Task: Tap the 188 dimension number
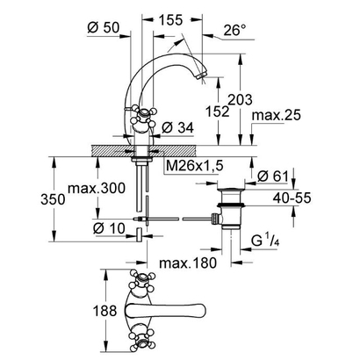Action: [106, 310]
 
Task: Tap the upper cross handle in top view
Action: [140, 283]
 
